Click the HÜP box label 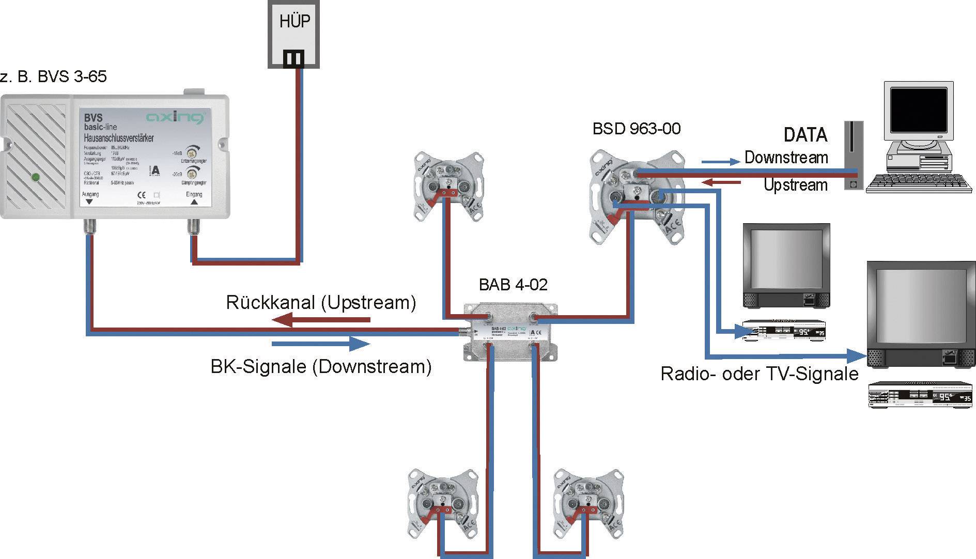pyautogui.click(x=294, y=22)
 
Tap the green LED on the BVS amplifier pyautogui.click(x=36, y=177)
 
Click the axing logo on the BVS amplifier pyautogui.click(x=174, y=118)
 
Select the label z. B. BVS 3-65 pyautogui.click(x=54, y=76)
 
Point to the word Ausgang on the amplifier pyautogui.click(x=90, y=194)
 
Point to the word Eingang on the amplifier pyautogui.click(x=194, y=194)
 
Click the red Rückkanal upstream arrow pyautogui.click(x=320, y=320)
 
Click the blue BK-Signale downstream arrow pyautogui.click(x=320, y=343)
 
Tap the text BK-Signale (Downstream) pyautogui.click(x=320, y=366)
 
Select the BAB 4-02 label pyautogui.click(x=513, y=284)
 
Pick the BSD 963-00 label pyautogui.click(x=637, y=129)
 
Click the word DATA pyautogui.click(x=805, y=135)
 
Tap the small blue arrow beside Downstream pyautogui.click(x=720, y=162)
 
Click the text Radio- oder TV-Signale pyautogui.click(x=759, y=374)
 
